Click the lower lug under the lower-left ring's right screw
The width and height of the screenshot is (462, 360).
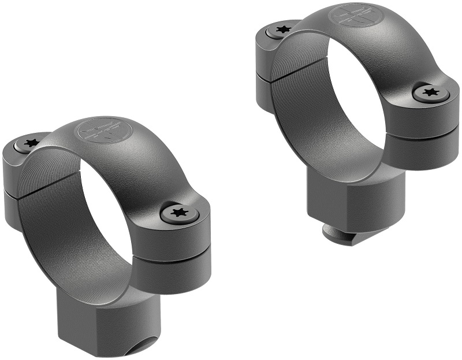(173, 274)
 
